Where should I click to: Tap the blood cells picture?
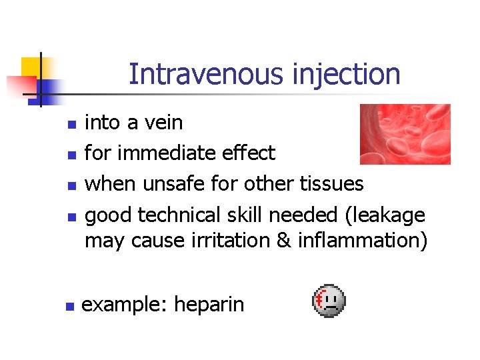405,134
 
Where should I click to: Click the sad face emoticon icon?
328,301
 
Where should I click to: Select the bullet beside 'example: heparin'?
68,307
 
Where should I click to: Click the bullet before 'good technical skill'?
72,217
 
